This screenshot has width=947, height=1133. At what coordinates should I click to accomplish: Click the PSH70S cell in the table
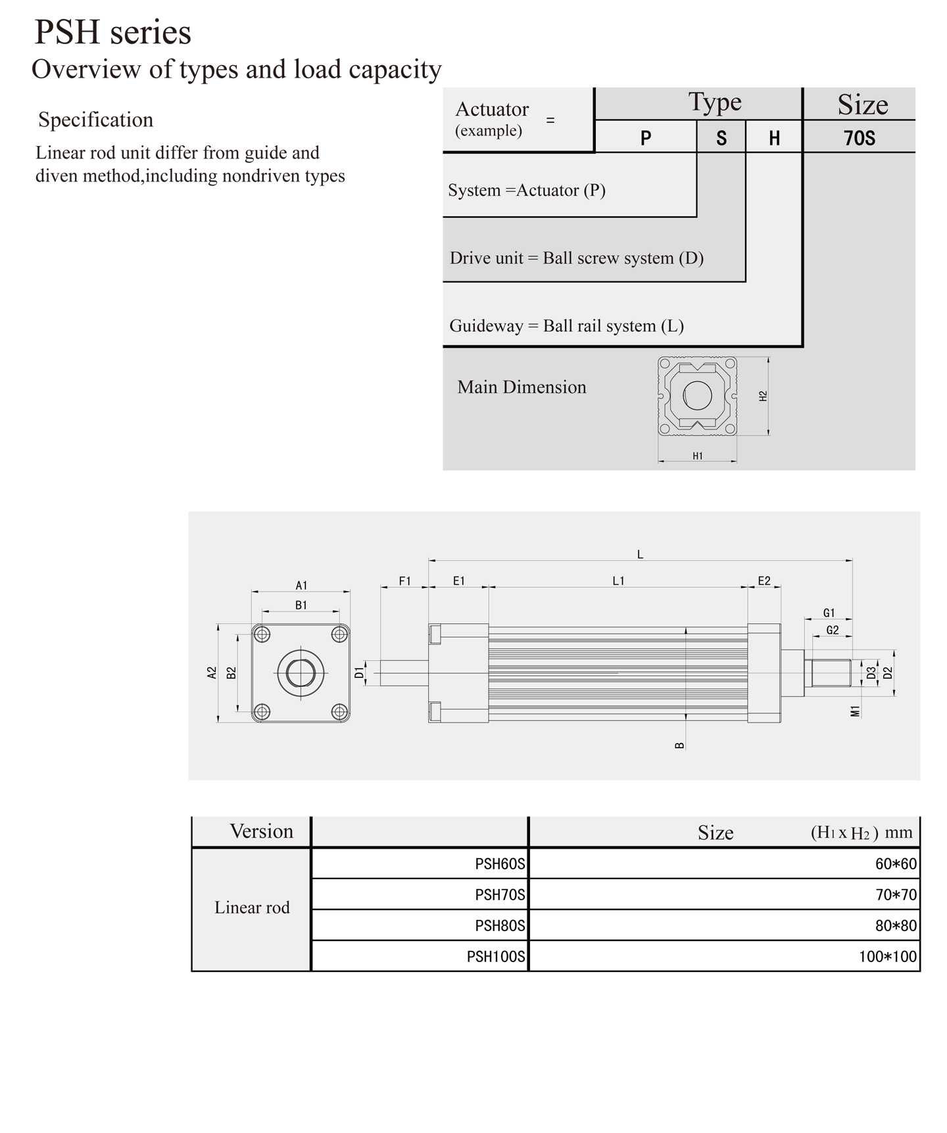(500, 894)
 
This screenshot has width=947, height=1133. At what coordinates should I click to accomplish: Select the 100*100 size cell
(887, 956)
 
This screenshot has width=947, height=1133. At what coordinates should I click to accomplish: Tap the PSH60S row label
(500, 863)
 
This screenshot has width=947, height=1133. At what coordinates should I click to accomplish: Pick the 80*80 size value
(895, 925)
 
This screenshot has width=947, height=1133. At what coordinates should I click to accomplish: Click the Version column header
(261, 831)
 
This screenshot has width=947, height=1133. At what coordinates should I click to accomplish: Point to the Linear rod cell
(252, 907)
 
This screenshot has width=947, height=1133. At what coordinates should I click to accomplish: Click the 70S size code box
(859, 137)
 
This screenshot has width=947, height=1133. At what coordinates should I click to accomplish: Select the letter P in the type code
(646, 137)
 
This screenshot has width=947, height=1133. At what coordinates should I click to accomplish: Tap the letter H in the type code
(774, 137)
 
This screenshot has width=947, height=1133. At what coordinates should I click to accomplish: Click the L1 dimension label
(618, 581)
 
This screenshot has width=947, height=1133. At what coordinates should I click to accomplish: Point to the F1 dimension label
(404, 581)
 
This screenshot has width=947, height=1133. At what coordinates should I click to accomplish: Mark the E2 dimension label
(764, 581)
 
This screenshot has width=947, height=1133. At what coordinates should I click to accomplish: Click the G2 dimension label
(832, 630)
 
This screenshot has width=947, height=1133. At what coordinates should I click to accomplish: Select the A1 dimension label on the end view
(301, 585)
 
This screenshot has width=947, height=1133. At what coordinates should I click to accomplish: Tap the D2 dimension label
(888, 673)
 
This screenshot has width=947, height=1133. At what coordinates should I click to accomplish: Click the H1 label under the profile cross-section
(697, 456)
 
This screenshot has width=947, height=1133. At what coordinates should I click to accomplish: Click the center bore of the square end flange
(301, 673)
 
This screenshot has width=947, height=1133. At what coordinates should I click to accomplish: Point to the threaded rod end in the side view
(831, 673)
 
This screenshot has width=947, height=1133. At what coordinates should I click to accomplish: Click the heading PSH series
(112, 32)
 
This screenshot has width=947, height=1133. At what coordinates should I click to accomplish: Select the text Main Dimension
(522, 387)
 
